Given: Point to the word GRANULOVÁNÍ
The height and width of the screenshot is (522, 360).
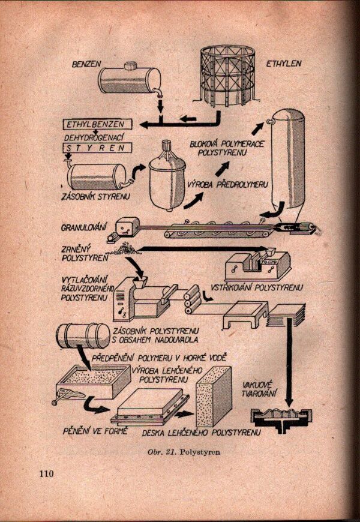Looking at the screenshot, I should (84, 228).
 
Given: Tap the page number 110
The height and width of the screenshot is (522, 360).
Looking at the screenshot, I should (47, 474).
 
